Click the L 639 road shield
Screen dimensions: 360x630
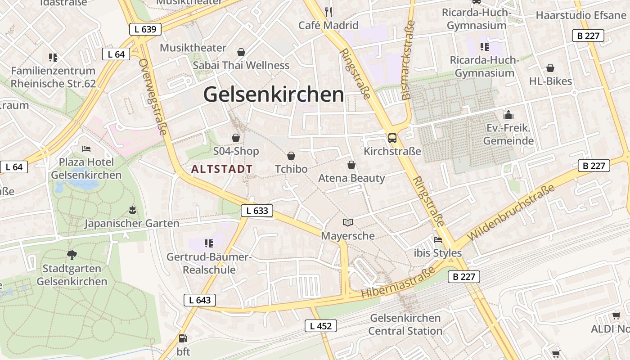pos(145,30)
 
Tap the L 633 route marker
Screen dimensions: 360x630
pos(257,210)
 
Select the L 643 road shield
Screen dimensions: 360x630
pos(200,300)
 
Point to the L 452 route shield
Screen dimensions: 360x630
pos(320,326)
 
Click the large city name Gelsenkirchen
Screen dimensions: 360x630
pos(274,94)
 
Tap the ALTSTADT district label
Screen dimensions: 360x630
pos(222,169)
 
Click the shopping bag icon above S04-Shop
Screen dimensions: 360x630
pos(235,138)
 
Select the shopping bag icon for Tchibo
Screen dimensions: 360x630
pos(291,156)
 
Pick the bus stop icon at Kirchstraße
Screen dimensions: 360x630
pos(392,138)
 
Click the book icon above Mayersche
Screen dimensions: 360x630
pos(348,222)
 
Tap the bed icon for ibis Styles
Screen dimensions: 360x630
pos(437,240)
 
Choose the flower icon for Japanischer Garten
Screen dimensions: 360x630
pos(132,210)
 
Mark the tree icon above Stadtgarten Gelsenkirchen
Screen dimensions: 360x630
pos(72,255)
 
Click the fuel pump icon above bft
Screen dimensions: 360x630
pos(183,338)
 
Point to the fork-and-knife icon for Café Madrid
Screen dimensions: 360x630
pos(328,12)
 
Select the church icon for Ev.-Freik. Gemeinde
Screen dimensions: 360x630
pos(508,115)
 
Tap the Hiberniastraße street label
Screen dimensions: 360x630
pos(399,282)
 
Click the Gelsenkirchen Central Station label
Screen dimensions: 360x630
pos(405,324)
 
